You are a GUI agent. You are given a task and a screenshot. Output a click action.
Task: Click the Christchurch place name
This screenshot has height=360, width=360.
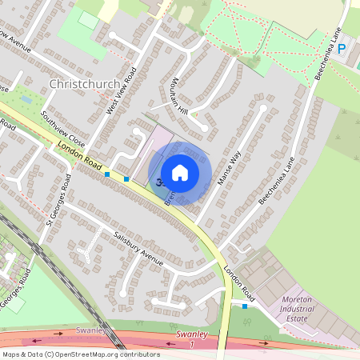84,84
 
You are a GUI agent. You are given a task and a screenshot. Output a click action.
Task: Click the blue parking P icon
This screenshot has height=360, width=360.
342,49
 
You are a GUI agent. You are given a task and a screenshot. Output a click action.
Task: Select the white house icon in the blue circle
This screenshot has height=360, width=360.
180,172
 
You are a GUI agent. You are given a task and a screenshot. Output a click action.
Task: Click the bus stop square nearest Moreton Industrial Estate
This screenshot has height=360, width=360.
245,306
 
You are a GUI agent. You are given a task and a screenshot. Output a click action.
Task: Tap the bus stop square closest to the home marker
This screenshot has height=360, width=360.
126,179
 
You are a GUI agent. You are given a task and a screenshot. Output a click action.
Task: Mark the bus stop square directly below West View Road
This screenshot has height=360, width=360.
107,174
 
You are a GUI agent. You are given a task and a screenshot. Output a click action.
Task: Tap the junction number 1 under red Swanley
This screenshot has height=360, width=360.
191,345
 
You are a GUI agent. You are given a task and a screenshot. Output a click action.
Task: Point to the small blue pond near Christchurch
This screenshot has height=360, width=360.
28,101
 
